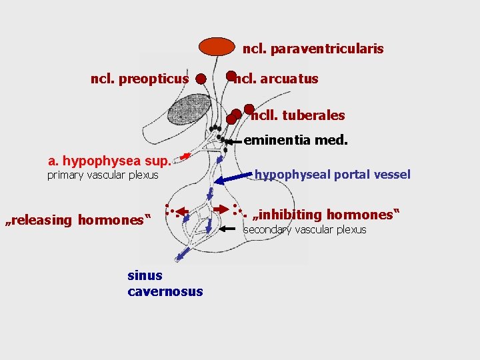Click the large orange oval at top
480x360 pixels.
coord(219,47)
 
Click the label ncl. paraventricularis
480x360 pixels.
coord(313,49)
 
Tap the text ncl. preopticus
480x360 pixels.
coord(139,79)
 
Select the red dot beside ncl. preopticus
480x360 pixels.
coord(200,79)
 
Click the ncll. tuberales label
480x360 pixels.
coord(297,115)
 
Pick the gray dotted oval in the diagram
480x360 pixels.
coord(189,109)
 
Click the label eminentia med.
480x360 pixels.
coord(295,140)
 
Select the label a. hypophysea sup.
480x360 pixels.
coord(109,161)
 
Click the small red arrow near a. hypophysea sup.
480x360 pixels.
coord(185,156)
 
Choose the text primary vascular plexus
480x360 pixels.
coord(103,175)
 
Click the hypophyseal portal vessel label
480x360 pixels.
coord(332,175)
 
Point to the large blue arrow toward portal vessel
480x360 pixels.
coord(237,177)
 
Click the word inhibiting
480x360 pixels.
coord(289,215)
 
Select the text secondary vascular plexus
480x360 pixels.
coord(305,229)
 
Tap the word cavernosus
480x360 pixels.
coord(165,291)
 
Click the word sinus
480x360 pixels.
coord(145,275)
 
